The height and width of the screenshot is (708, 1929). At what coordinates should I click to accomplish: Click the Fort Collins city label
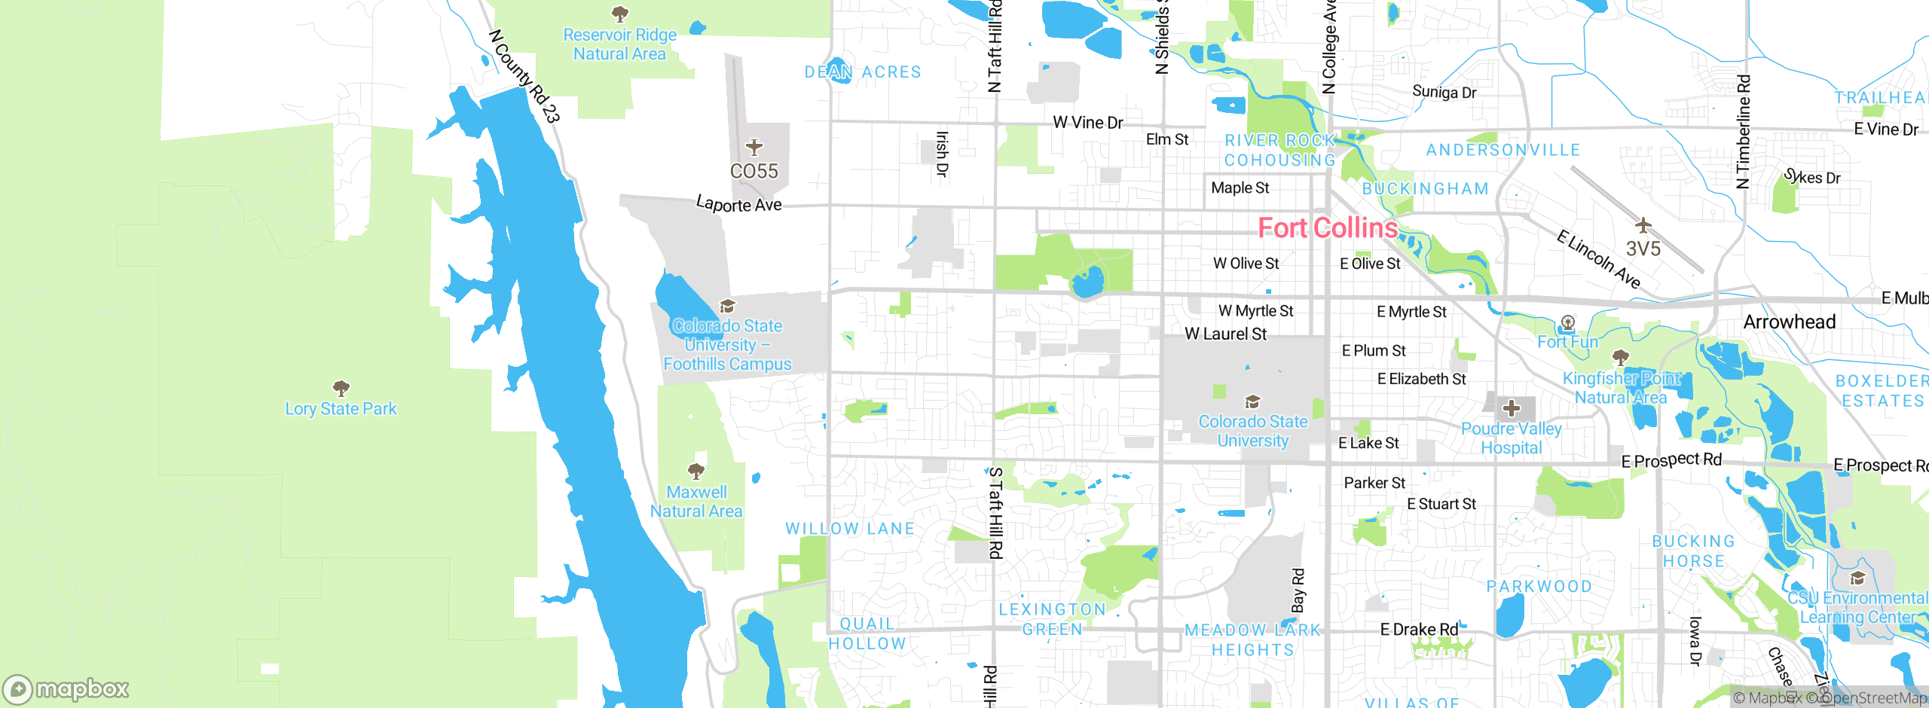(x=1328, y=227)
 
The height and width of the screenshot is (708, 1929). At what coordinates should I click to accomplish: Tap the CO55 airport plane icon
(x=754, y=147)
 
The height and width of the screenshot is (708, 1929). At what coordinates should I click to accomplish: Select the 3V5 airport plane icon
(x=1643, y=224)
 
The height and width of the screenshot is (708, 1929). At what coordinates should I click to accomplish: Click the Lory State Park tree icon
(x=341, y=388)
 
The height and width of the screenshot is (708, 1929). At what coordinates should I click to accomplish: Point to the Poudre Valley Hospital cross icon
(x=1511, y=408)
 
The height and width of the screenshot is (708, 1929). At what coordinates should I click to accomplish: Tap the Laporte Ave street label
(x=738, y=204)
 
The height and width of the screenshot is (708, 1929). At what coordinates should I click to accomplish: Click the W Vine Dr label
(x=1087, y=122)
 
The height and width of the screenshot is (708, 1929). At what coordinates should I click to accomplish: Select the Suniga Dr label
(x=1444, y=92)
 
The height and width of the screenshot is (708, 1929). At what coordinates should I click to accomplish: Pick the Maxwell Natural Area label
(x=696, y=501)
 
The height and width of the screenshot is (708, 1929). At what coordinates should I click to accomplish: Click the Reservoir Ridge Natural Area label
(x=619, y=44)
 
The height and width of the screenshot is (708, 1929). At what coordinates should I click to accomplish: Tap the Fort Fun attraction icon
(x=1568, y=323)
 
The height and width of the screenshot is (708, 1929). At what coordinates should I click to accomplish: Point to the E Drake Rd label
(x=1419, y=629)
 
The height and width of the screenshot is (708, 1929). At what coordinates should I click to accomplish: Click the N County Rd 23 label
(x=524, y=76)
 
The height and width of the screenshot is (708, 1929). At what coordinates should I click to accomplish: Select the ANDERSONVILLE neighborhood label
(x=1503, y=150)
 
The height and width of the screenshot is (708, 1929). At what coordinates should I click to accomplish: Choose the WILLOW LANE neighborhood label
(x=850, y=528)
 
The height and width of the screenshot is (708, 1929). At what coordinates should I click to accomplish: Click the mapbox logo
(x=66, y=688)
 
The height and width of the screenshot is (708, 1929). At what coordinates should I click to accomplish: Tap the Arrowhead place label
(x=1789, y=322)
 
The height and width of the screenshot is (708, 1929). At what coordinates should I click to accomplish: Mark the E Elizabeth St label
(x=1421, y=379)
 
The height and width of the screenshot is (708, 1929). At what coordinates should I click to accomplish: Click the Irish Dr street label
(x=942, y=154)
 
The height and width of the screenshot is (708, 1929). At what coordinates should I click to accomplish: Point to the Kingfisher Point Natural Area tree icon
(x=1621, y=356)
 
